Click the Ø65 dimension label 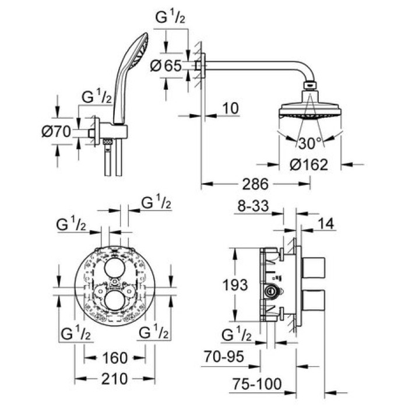tap(166, 66)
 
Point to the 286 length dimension tap(254, 185)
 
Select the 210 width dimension tap(114, 379)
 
